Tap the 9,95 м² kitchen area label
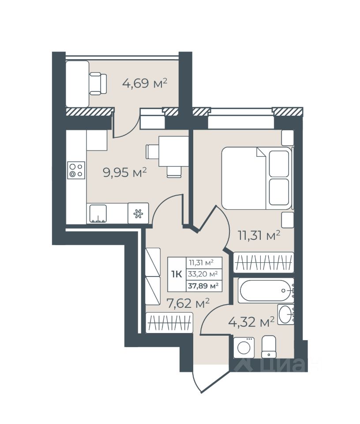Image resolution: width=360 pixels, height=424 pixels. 125,172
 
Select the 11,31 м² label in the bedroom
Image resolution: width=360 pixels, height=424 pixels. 259,235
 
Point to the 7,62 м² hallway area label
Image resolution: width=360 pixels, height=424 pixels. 188,303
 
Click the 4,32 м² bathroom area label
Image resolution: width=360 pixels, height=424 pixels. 251,322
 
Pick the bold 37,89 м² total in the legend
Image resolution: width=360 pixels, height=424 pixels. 203,286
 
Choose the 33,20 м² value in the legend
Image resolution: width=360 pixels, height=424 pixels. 203,274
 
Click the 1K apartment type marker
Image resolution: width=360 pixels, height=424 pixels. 176,274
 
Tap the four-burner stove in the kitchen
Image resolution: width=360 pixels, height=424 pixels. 76,170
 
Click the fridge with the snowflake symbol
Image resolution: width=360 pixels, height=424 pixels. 138,213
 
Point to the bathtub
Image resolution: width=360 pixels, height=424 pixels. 266,291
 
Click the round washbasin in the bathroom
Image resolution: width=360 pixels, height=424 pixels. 285,314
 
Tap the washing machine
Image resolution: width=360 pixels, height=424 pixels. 244,348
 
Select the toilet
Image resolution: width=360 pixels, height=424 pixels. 269,347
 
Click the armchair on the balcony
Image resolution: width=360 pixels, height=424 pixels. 98,83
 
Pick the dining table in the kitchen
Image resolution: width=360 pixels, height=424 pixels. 173,151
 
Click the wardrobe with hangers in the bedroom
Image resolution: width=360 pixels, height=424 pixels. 263,262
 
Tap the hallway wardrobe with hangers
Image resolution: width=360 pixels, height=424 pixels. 169,322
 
